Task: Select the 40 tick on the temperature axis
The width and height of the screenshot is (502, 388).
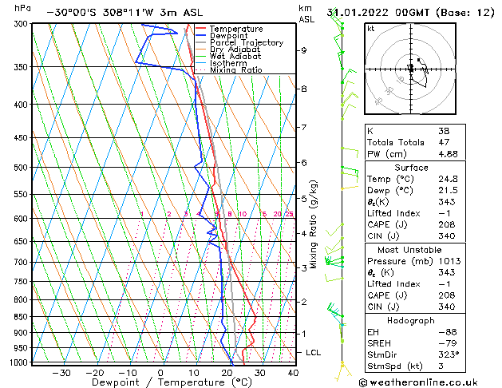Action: point(293,373)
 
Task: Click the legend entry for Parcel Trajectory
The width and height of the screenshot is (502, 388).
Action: point(246,43)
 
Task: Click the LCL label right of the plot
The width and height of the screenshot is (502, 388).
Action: point(314,352)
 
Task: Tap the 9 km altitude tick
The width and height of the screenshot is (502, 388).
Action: point(304,50)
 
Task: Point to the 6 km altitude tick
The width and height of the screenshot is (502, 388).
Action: point(304,162)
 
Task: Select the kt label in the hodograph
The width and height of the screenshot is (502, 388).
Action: point(371,29)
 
